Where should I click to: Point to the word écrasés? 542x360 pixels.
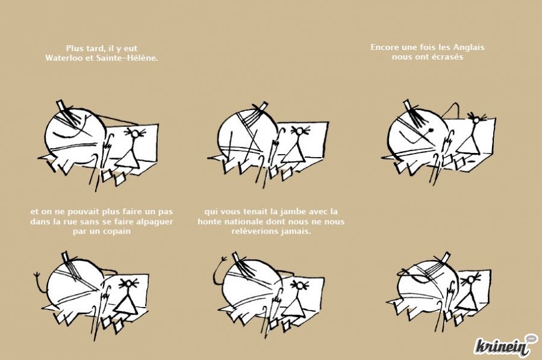click(447, 57)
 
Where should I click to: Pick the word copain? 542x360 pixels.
click(116, 232)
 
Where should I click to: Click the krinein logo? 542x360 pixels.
click(506, 345)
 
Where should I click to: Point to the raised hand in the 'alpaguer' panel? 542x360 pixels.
click(37, 275)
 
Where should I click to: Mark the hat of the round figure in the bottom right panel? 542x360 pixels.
click(446, 256)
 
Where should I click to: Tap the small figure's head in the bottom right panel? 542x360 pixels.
click(471, 279)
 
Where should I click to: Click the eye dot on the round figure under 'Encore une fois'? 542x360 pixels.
click(431, 130)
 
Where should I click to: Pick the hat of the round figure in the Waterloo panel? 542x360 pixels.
click(61, 105)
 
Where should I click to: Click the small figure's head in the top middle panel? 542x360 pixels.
click(299, 131)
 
